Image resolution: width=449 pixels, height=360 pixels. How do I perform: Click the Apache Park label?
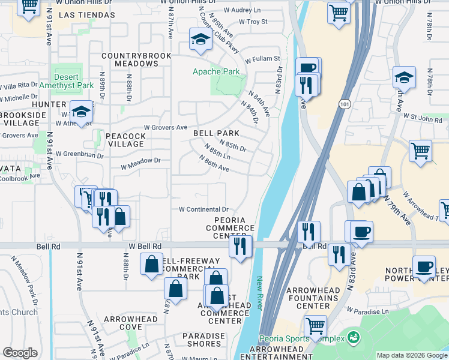click(216, 72)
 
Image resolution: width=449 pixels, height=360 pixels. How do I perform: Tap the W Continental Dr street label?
click(204, 209)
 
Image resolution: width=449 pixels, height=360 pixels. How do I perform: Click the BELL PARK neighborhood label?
click(216, 133)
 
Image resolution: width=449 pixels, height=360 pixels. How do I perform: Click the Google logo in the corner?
click(20, 352)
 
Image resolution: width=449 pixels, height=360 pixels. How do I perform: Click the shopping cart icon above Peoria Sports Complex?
click(315, 326)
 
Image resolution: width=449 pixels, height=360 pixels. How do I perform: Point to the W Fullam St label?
click(262, 59)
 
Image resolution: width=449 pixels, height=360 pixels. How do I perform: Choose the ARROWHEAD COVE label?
click(131, 323)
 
